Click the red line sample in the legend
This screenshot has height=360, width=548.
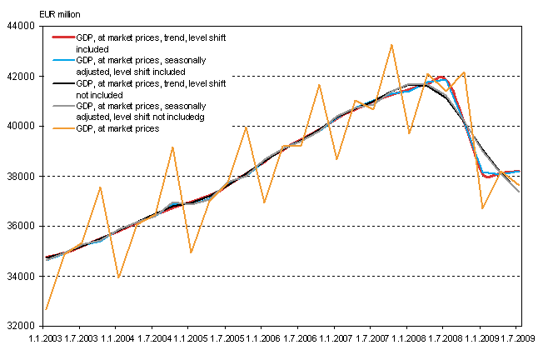click(62, 38)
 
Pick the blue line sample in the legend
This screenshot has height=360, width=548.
click(62, 61)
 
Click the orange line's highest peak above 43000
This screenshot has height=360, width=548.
click(391, 44)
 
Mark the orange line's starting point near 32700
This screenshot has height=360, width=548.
click(46, 309)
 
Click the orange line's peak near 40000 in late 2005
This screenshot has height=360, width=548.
click(246, 127)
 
